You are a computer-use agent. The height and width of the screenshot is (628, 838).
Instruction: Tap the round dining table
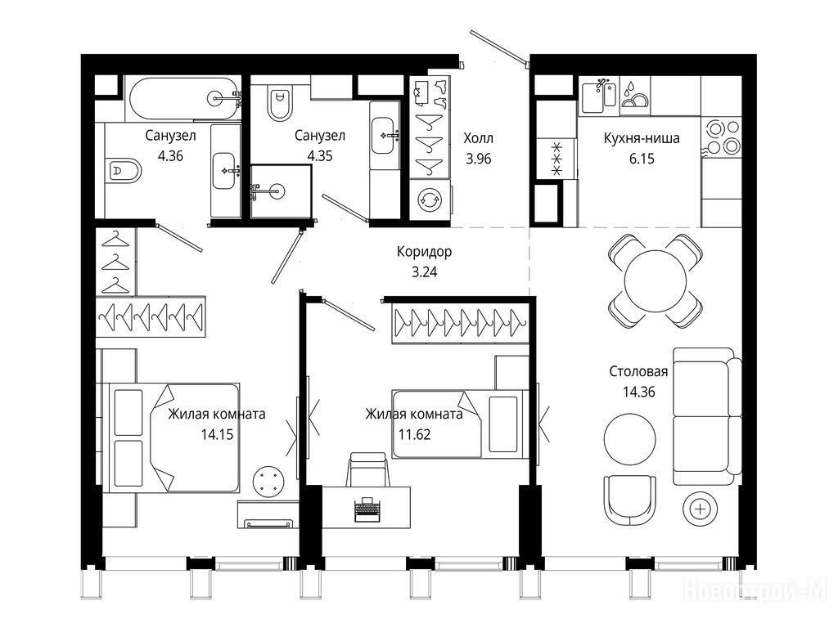656,281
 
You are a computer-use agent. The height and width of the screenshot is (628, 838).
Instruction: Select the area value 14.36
638,392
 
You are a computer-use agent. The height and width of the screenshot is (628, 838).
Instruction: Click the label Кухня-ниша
642,138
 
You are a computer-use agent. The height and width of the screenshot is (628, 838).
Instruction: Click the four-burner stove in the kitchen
723,137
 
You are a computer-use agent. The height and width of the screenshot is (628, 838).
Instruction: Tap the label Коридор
425,252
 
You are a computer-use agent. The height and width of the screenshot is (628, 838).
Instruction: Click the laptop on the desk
367,509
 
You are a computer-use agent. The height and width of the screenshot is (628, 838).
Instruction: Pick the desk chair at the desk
367,469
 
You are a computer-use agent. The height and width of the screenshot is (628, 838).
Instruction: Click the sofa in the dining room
707,416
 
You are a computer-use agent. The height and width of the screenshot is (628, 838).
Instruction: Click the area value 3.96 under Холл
478,159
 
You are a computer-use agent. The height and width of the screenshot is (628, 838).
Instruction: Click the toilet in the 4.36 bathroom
124,171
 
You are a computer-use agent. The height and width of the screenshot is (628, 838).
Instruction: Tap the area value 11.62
414,435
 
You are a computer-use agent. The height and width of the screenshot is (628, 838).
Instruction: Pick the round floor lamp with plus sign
701,509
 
